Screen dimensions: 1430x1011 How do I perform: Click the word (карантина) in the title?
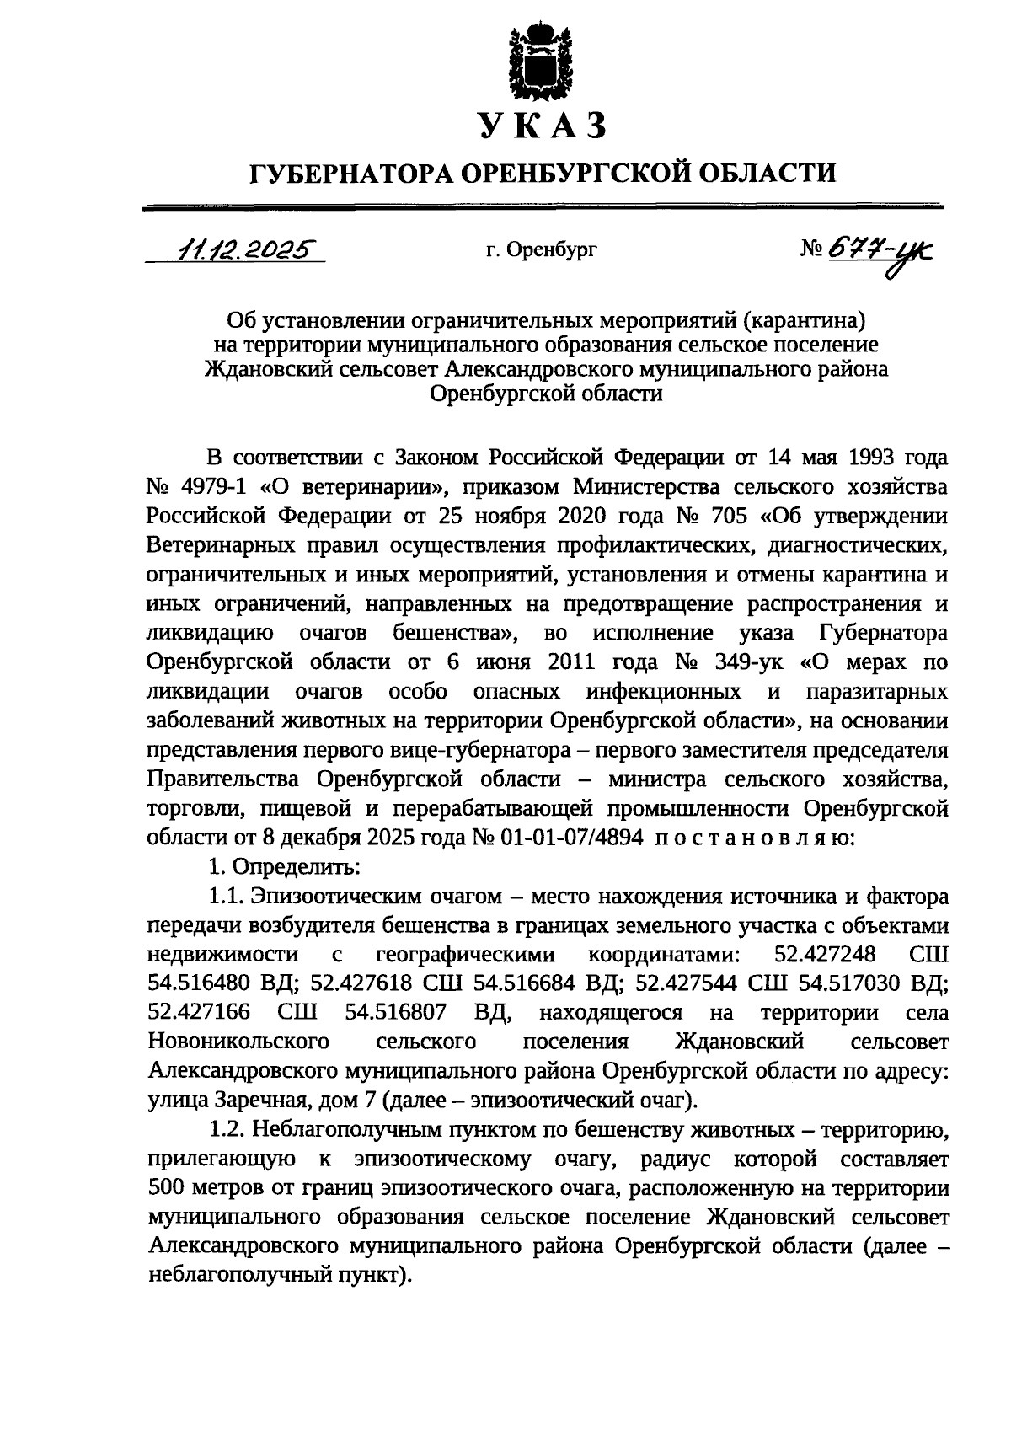794,320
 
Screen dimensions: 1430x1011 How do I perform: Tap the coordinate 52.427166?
198,1012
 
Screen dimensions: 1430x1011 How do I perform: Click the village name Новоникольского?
238,1042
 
